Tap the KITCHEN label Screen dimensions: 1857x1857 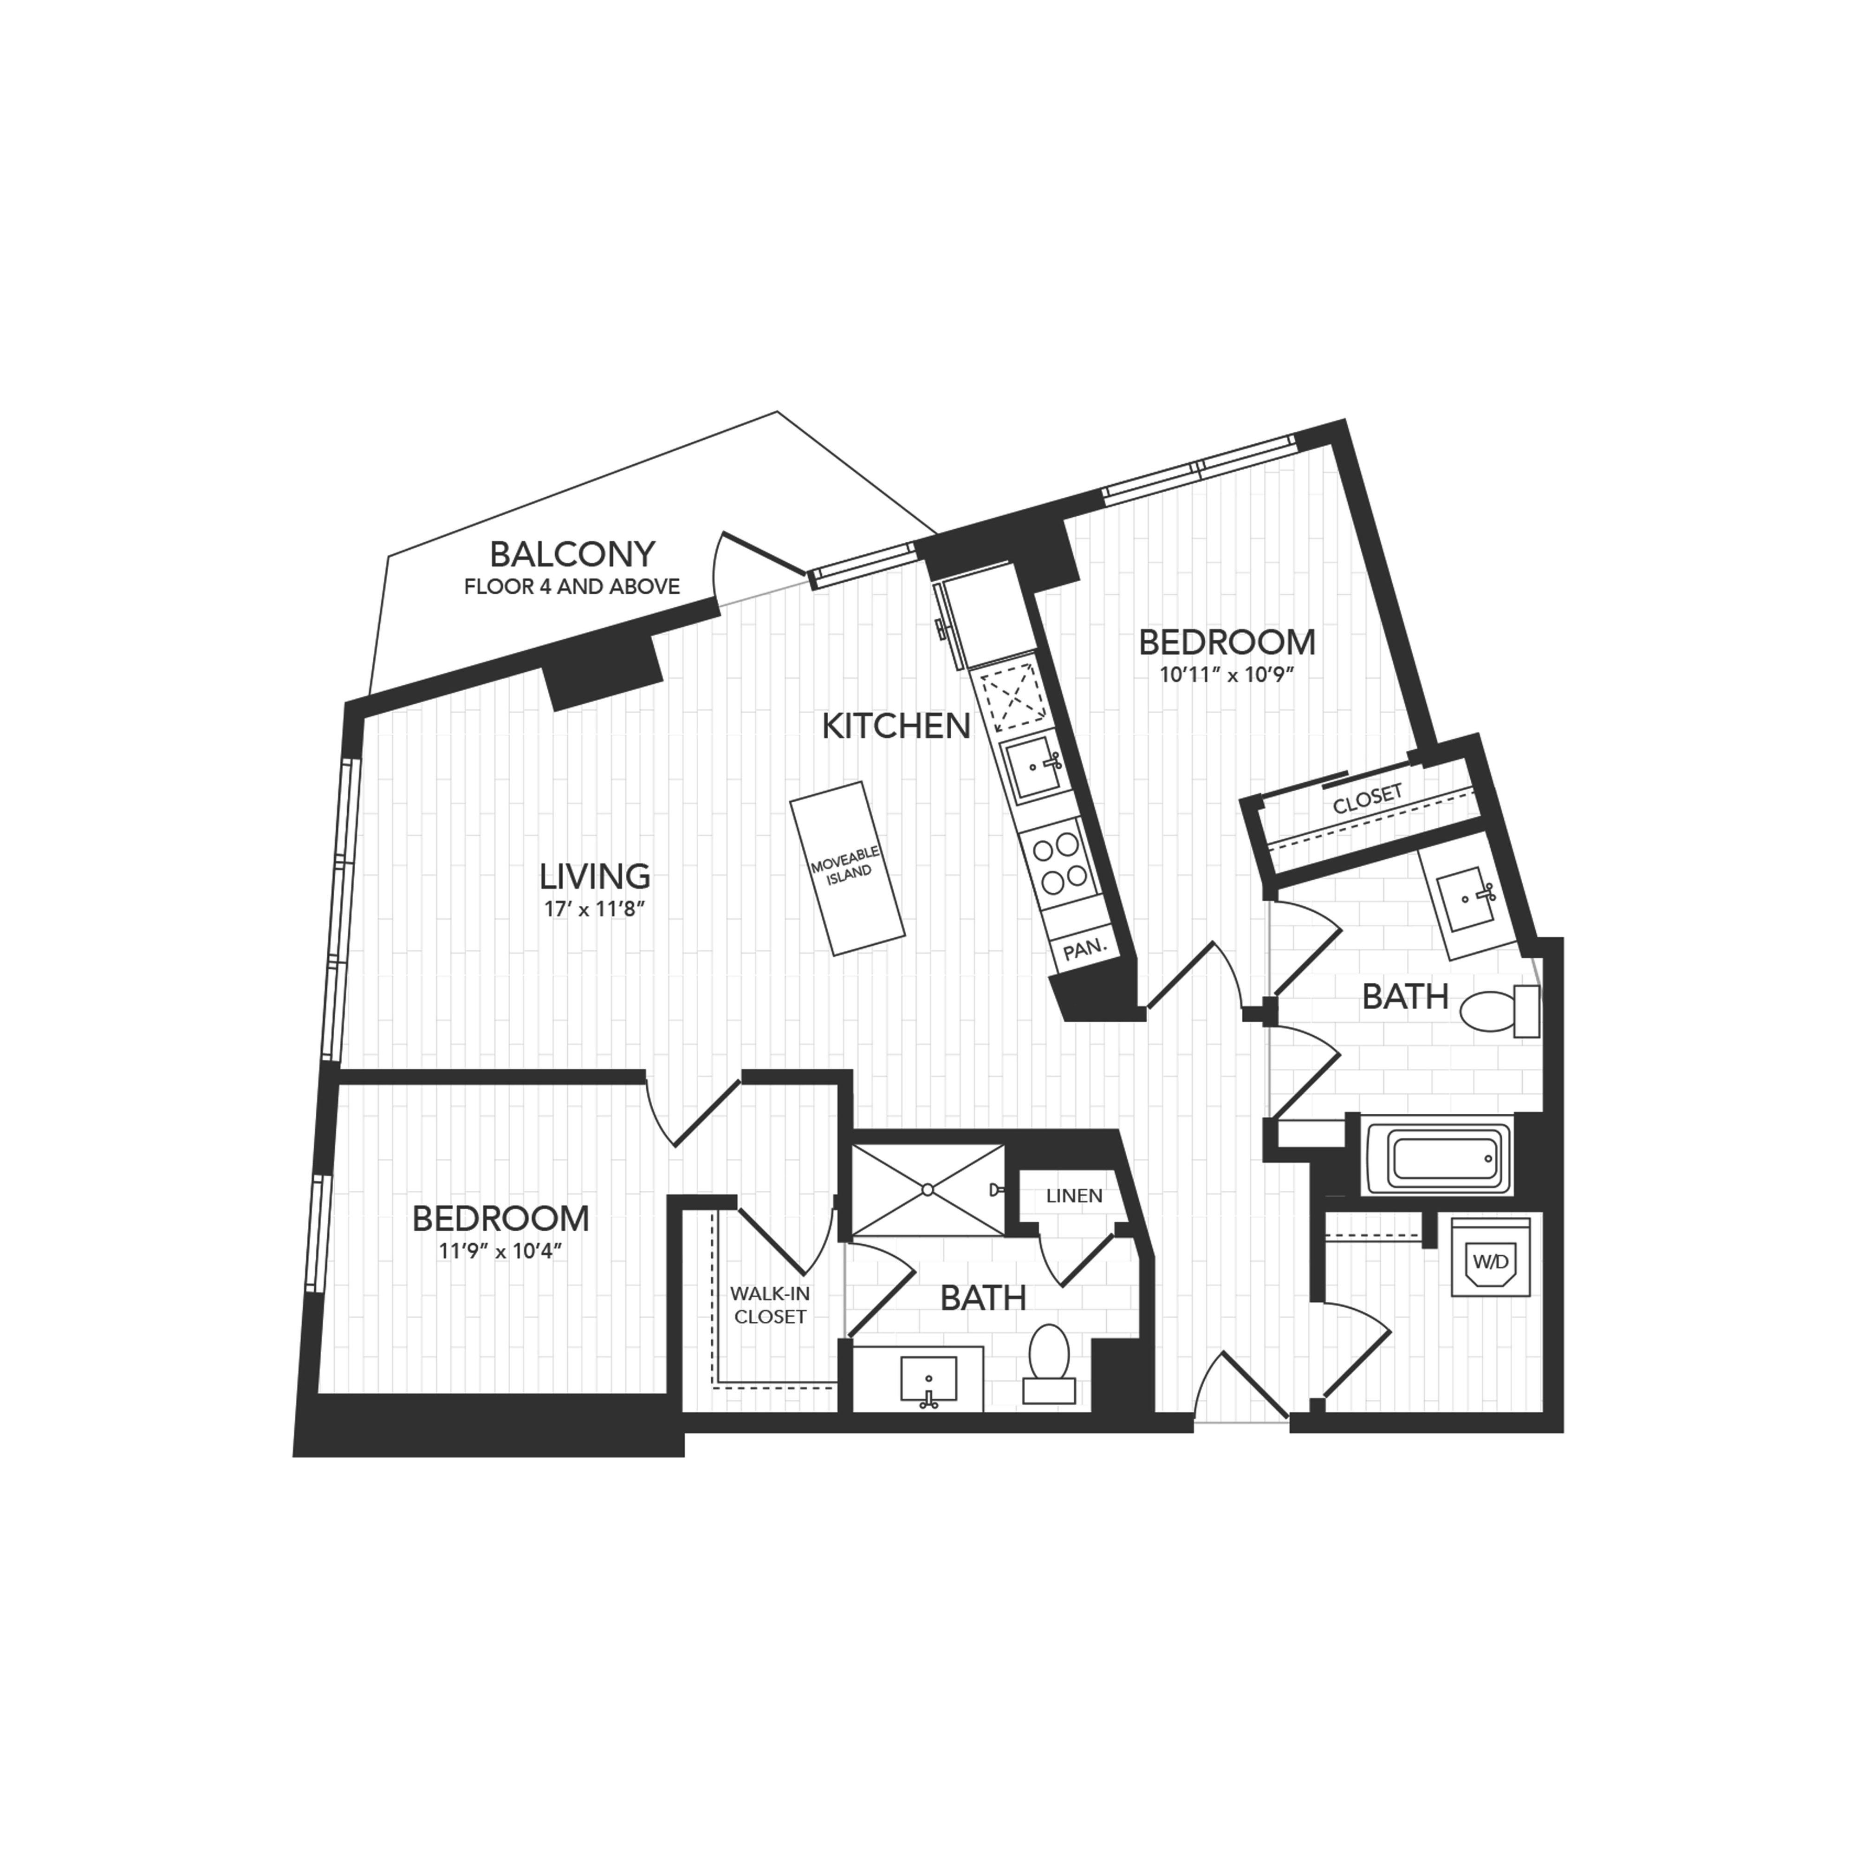896,727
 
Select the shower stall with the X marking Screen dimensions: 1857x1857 928,1190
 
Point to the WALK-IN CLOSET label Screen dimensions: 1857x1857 770,1305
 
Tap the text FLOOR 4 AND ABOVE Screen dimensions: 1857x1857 572,586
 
